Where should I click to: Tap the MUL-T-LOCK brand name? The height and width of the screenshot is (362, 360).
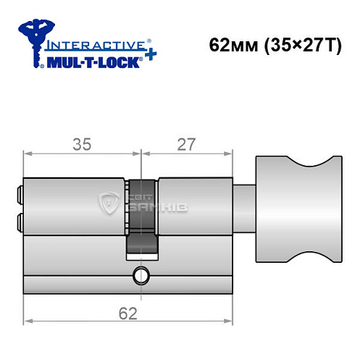pyautogui.click(x=91, y=59)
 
